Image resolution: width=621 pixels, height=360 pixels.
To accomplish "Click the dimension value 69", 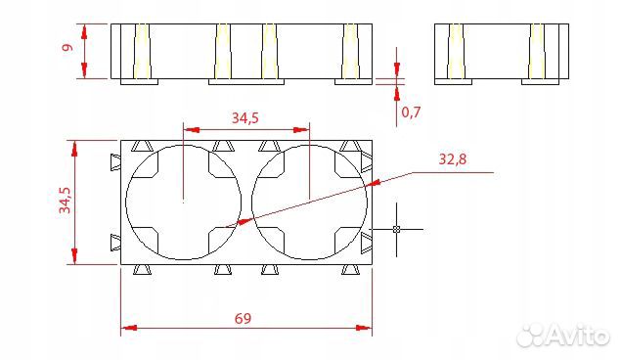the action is coord(243,318).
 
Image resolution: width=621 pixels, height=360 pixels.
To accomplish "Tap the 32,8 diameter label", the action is coord(452,159).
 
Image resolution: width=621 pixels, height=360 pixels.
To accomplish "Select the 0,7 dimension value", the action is coord(411,112).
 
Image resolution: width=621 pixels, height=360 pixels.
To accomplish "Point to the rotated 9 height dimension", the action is coord(68,47).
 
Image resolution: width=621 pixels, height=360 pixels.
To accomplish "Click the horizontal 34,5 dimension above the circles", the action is coord(245,117).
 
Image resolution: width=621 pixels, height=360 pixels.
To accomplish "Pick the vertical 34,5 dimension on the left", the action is coord(65,200).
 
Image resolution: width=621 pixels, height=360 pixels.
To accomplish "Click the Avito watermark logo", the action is coord(563,336).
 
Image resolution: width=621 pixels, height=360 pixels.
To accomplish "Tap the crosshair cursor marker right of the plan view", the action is coord(396,229).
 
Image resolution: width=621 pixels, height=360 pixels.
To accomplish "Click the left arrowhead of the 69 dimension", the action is coord(129,328).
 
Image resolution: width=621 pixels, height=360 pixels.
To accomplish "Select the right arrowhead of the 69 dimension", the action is coord(364,328).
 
